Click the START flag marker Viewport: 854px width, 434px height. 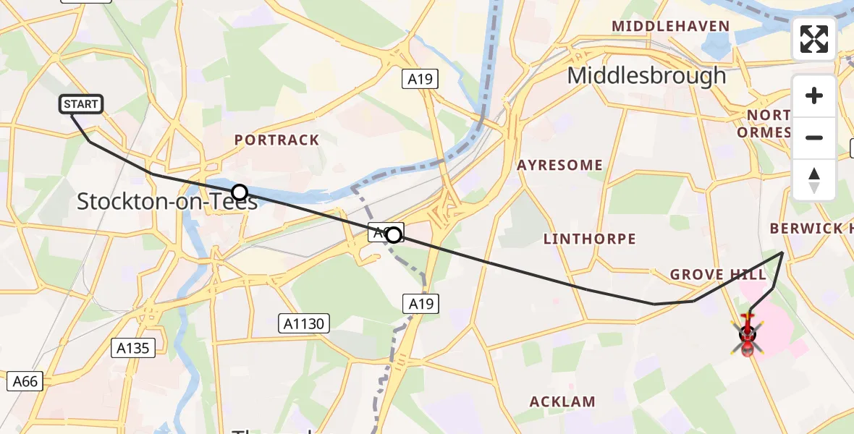(x=80, y=104)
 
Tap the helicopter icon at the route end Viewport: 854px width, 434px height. (x=748, y=336)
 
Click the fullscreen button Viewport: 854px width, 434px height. (x=814, y=39)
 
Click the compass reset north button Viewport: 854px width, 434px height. (x=814, y=180)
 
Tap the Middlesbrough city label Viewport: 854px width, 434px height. (x=646, y=75)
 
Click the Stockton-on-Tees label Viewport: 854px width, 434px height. (x=166, y=202)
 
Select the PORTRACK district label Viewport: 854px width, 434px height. (x=277, y=140)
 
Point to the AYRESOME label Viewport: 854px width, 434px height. (x=559, y=166)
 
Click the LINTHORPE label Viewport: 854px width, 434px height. (x=589, y=239)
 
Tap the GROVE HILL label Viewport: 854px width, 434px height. (x=718, y=275)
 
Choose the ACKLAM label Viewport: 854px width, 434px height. (x=562, y=401)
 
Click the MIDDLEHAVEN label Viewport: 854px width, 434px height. (x=670, y=27)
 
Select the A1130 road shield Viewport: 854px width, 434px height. (x=304, y=323)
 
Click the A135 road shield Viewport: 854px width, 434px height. (x=133, y=348)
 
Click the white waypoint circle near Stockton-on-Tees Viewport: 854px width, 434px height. (x=240, y=192)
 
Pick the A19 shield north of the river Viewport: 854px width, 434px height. (x=420, y=79)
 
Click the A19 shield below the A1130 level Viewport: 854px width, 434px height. (x=421, y=303)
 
